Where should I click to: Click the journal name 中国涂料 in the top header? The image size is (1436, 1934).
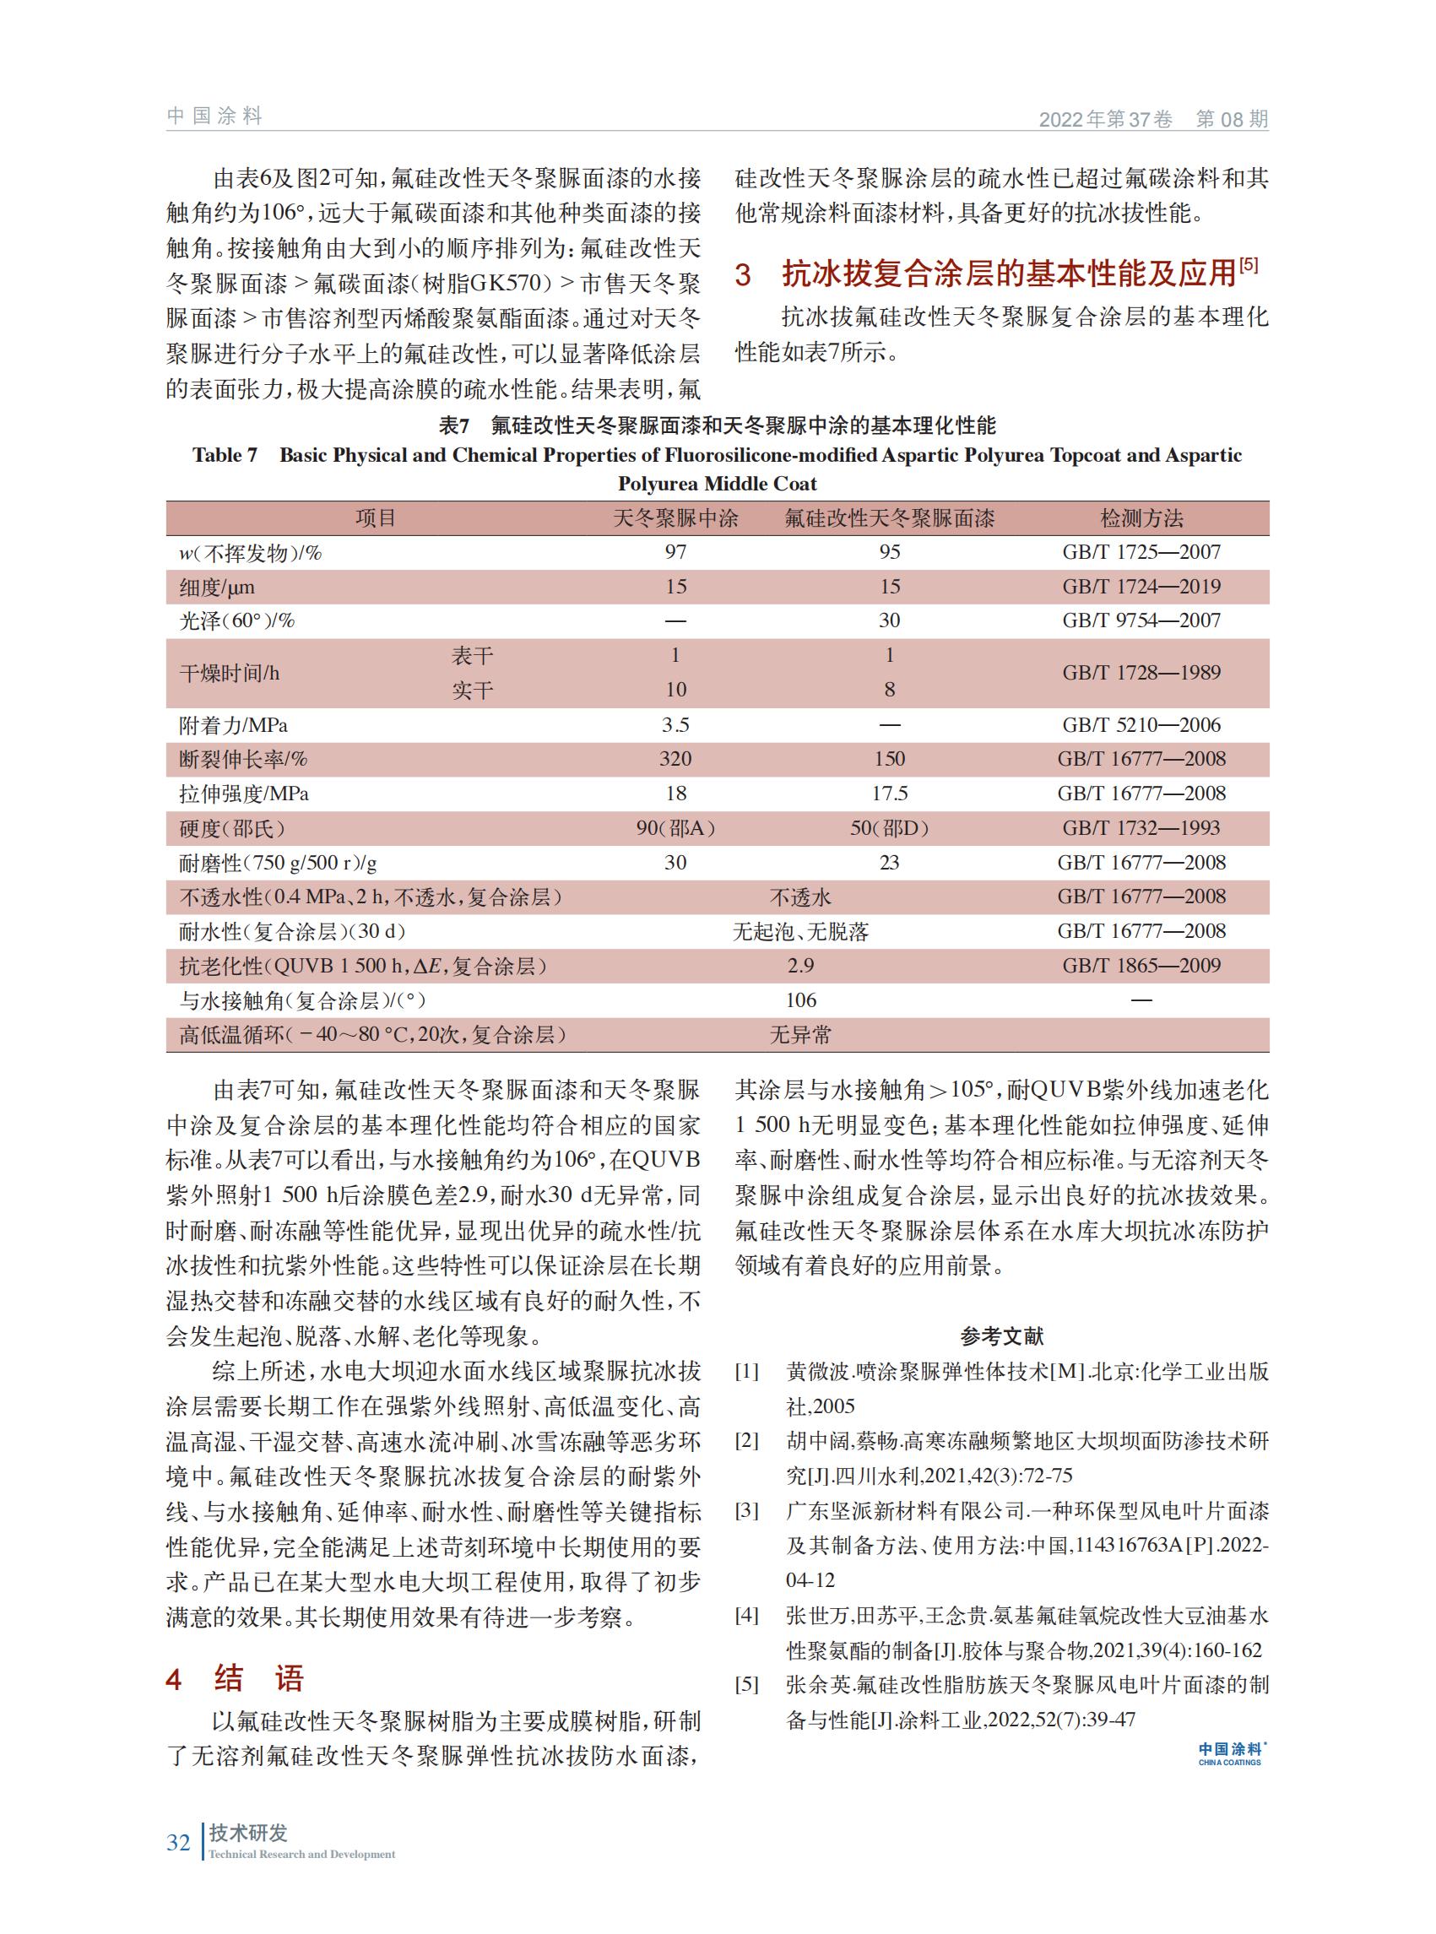(x=214, y=116)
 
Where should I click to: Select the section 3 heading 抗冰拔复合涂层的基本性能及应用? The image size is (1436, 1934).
(x=1008, y=274)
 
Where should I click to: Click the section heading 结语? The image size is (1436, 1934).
(x=259, y=1678)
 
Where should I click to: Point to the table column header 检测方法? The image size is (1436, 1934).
(x=1141, y=519)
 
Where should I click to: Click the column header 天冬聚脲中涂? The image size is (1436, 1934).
(x=675, y=519)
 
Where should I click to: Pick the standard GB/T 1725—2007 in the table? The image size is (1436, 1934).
(x=1141, y=552)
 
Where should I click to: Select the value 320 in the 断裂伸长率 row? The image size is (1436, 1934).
(x=675, y=759)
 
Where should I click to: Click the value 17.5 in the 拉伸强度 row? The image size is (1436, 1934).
(x=889, y=794)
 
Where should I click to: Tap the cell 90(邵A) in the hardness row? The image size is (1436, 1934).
(x=675, y=828)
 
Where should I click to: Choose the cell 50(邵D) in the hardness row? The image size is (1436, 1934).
(x=889, y=828)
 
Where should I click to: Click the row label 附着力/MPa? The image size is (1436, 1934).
(x=233, y=725)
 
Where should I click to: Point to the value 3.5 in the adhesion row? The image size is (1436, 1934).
(x=675, y=725)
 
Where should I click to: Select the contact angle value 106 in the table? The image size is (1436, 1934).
(x=800, y=1000)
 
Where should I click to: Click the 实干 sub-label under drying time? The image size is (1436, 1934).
(x=472, y=691)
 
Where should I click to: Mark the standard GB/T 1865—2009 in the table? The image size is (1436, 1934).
(x=1141, y=966)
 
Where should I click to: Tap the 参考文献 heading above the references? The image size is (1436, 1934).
(x=1001, y=1336)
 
